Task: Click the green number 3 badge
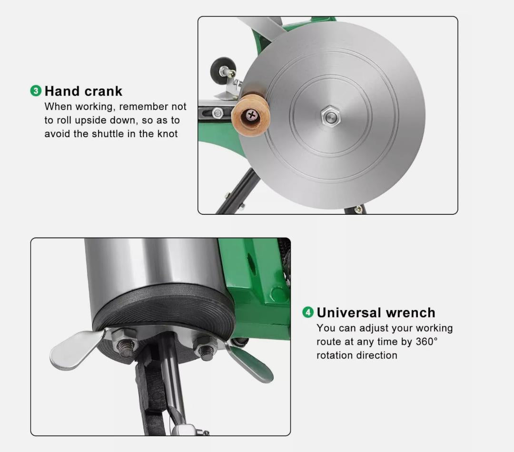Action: (36, 91)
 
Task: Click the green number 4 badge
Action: (308, 312)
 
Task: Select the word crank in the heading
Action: (103, 91)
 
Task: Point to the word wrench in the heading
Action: (411, 312)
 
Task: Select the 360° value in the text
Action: (427, 342)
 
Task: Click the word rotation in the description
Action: (336, 355)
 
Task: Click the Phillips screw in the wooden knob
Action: (251, 115)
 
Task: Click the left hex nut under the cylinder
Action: (125, 342)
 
